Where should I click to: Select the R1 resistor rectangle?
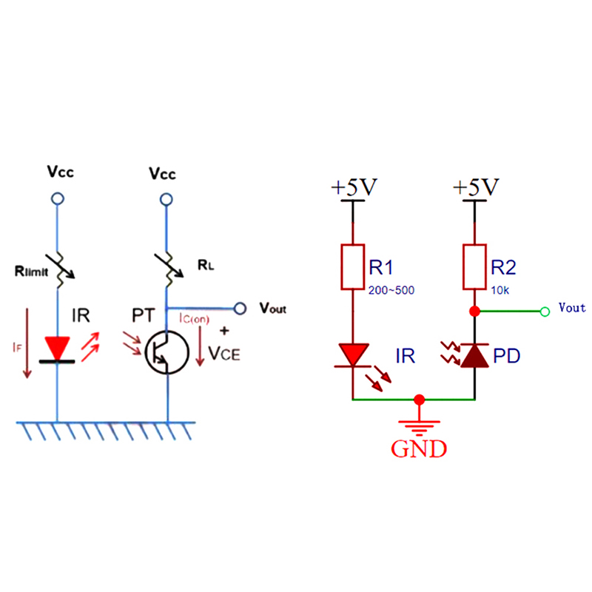(352, 266)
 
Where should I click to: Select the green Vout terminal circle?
(545, 311)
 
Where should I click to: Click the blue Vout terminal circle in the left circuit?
(239, 308)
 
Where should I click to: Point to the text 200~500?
(391, 289)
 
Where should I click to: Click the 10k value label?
(500, 289)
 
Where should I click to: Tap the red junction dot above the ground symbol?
(420, 400)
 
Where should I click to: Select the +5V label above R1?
(354, 188)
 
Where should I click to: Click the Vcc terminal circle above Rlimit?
(57, 199)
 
